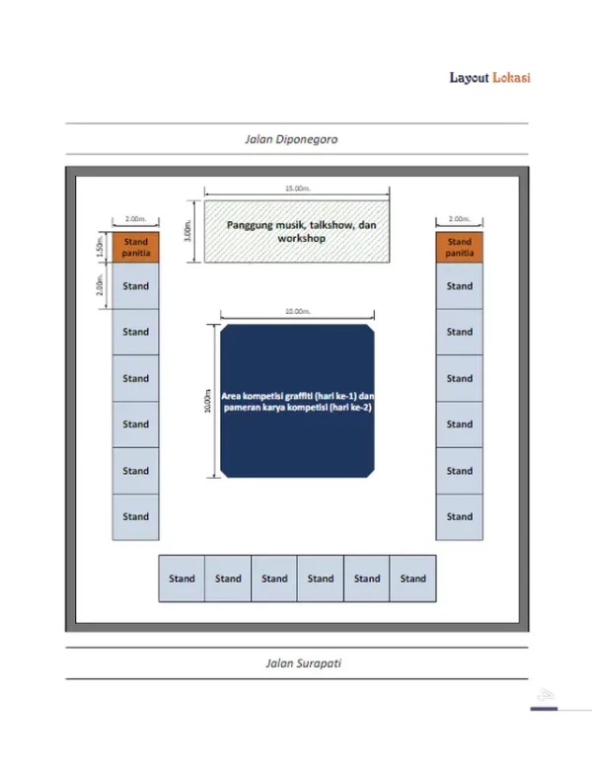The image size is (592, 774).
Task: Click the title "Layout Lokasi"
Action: pyautogui.click(x=489, y=78)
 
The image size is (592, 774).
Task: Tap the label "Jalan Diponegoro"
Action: pyautogui.click(x=291, y=140)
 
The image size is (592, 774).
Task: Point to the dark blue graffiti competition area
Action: pyautogui.click(x=297, y=401)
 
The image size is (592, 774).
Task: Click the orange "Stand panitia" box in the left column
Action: pyautogui.click(x=136, y=247)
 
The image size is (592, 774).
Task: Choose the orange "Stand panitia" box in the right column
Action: pyautogui.click(x=459, y=247)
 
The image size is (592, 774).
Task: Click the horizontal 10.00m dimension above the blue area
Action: pyautogui.click(x=297, y=312)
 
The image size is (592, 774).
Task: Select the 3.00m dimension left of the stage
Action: pyautogui.click(x=188, y=230)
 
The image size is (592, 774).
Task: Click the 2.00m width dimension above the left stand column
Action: pyautogui.click(x=136, y=219)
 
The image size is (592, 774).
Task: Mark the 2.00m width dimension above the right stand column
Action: pyautogui.click(x=459, y=219)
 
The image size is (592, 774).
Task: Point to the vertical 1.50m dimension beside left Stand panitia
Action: pyautogui.click(x=102, y=247)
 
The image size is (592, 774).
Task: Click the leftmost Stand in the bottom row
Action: pyautogui.click(x=182, y=579)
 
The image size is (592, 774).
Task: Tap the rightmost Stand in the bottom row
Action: pyautogui.click(x=413, y=579)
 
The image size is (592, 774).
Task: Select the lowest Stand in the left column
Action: pyautogui.click(x=136, y=516)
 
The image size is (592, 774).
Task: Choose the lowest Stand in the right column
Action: pyautogui.click(x=459, y=516)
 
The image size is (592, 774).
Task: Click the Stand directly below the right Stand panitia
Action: pyautogui.click(x=459, y=286)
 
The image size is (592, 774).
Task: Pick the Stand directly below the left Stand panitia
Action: pyautogui.click(x=136, y=286)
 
